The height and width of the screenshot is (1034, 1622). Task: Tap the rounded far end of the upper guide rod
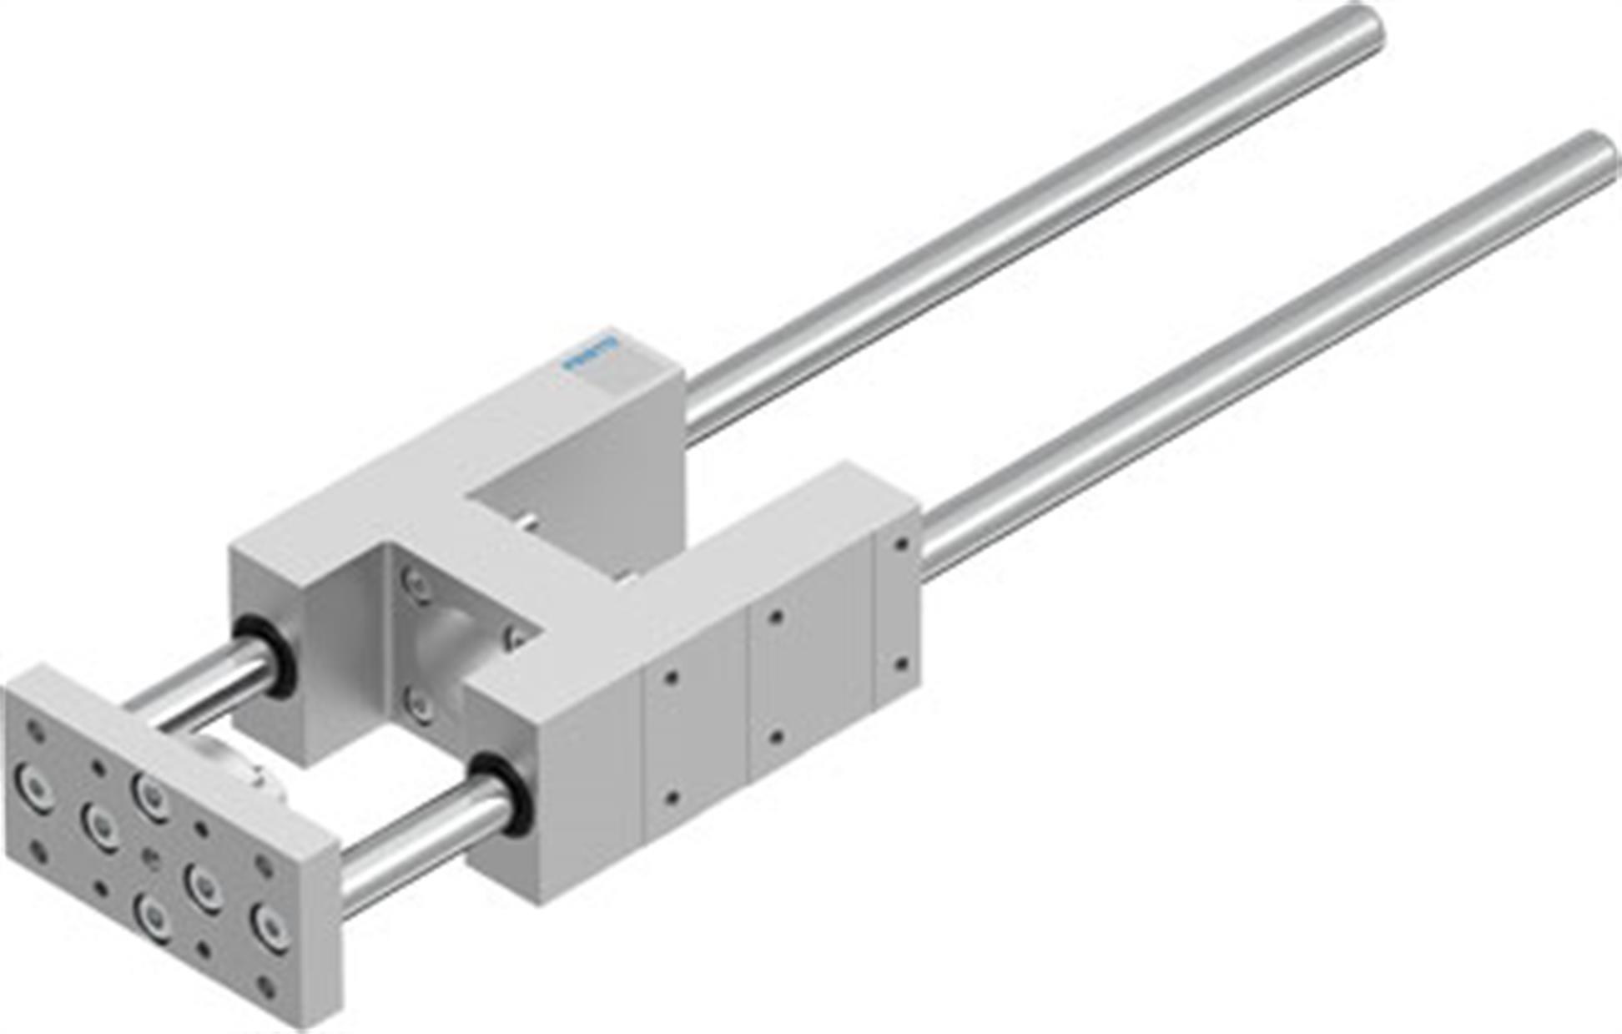[1362, 28]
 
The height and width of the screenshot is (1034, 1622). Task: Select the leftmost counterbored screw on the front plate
[33, 786]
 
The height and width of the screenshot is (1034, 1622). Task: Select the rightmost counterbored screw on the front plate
[272, 927]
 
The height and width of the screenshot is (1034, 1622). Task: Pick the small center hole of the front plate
[151, 860]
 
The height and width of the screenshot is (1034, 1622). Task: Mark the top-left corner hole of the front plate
[35, 731]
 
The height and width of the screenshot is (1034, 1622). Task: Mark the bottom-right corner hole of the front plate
[266, 987]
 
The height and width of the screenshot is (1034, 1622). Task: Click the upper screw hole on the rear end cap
[901, 545]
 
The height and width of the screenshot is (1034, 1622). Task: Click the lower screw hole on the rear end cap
[900, 665]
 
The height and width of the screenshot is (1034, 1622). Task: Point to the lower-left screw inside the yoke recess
[418, 705]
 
